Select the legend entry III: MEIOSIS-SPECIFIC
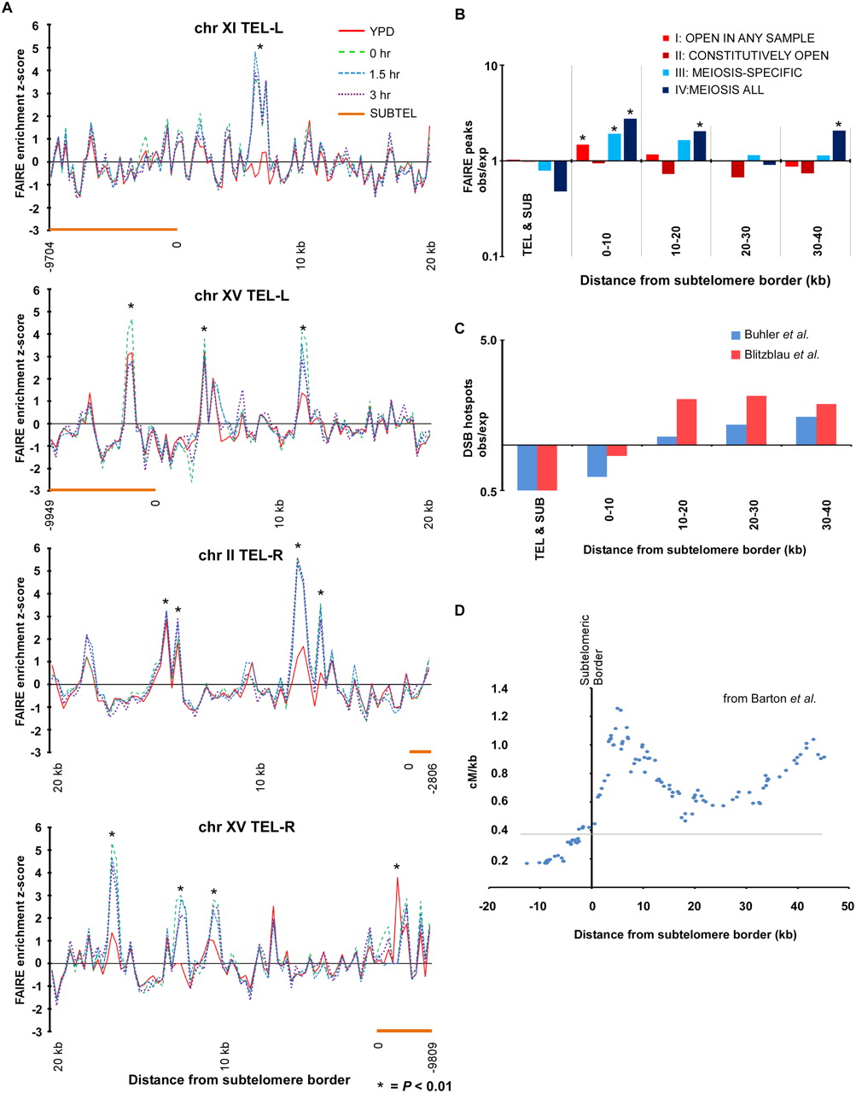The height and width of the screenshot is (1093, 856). point(742,73)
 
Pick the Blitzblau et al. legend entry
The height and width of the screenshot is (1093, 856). point(782,354)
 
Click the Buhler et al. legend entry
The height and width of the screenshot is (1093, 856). point(777,334)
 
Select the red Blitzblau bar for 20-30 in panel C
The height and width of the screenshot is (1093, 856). point(756,420)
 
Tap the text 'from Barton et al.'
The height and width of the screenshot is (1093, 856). point(769,698)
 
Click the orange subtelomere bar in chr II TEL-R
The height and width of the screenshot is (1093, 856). point(420,751)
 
